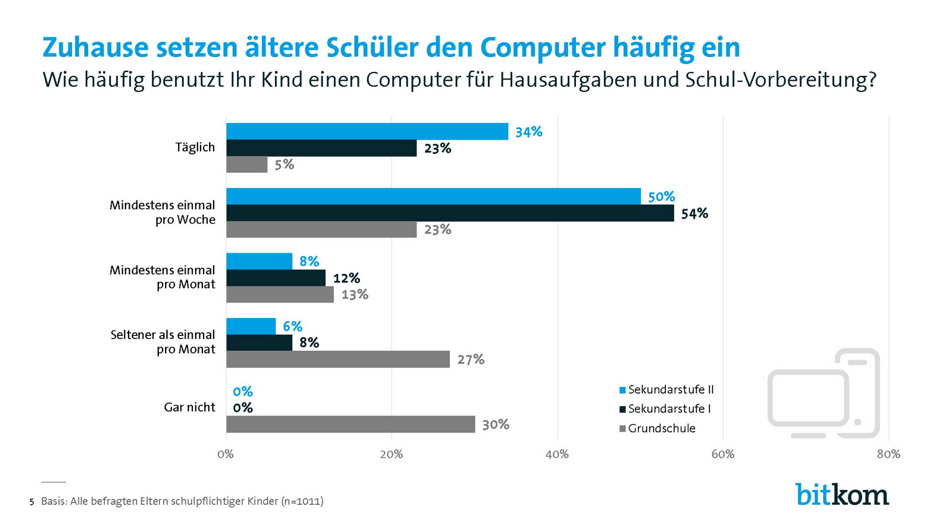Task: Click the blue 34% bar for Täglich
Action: coord(367,132)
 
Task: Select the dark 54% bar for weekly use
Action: coord(450,213)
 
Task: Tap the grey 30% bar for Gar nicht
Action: coord(351,424)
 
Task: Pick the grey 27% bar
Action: coord(338,359)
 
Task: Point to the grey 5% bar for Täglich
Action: coord(247,165)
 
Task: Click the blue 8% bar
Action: coord(259,261)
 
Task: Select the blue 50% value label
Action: coord(661,197)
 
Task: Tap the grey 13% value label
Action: coord(354,294)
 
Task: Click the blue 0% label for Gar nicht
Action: coord(243,392)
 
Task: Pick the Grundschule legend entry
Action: coord(657,428)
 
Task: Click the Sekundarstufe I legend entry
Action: coord(665,409)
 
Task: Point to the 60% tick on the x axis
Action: coord(722,455)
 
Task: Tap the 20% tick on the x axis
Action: coord(391,455)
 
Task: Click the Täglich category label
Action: coord(195,148)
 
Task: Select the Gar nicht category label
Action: coord(189,407)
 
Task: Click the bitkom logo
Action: coord(842,494)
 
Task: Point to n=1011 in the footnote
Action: coord(302,501)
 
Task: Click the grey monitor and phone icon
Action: coord(823,393)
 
